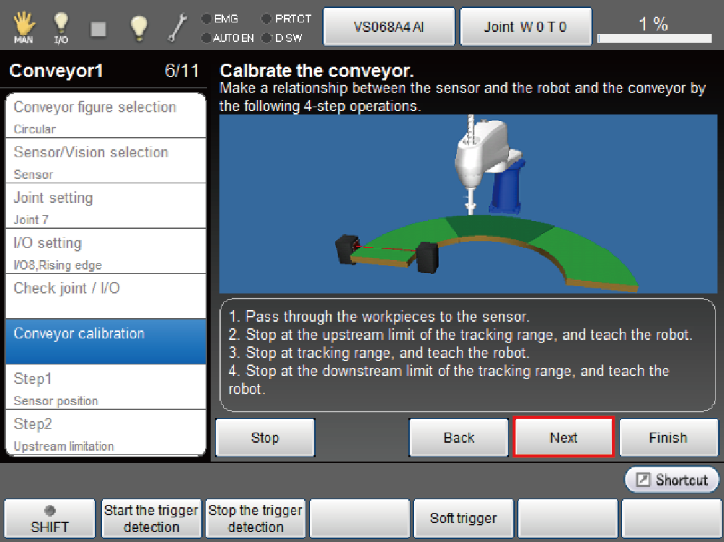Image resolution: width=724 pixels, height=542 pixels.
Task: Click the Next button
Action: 563,437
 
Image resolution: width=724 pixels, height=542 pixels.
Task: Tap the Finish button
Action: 668,437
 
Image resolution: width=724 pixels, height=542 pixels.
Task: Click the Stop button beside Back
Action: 265,437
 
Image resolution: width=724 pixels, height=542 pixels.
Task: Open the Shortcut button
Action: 672,480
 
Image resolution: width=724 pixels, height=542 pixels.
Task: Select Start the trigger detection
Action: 151,518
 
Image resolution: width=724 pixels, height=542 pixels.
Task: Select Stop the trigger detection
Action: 256,518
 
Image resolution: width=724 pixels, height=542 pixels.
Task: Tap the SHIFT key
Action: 49,518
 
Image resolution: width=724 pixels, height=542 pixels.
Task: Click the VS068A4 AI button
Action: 389,26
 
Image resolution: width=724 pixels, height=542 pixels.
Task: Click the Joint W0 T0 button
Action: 526,26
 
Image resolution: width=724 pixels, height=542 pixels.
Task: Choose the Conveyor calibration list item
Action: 105,341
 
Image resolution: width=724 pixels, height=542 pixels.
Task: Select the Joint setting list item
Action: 105,206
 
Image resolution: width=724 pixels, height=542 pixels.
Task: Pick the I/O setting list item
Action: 105,251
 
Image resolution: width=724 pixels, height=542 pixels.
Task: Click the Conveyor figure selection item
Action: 105,115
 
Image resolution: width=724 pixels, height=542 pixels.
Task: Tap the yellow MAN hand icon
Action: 24,26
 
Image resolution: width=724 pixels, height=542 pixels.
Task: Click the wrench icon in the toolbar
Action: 177,27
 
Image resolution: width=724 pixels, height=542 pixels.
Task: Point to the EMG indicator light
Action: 206,19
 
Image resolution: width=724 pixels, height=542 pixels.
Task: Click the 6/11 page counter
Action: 182,71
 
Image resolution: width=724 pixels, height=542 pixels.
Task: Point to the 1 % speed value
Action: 653,24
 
